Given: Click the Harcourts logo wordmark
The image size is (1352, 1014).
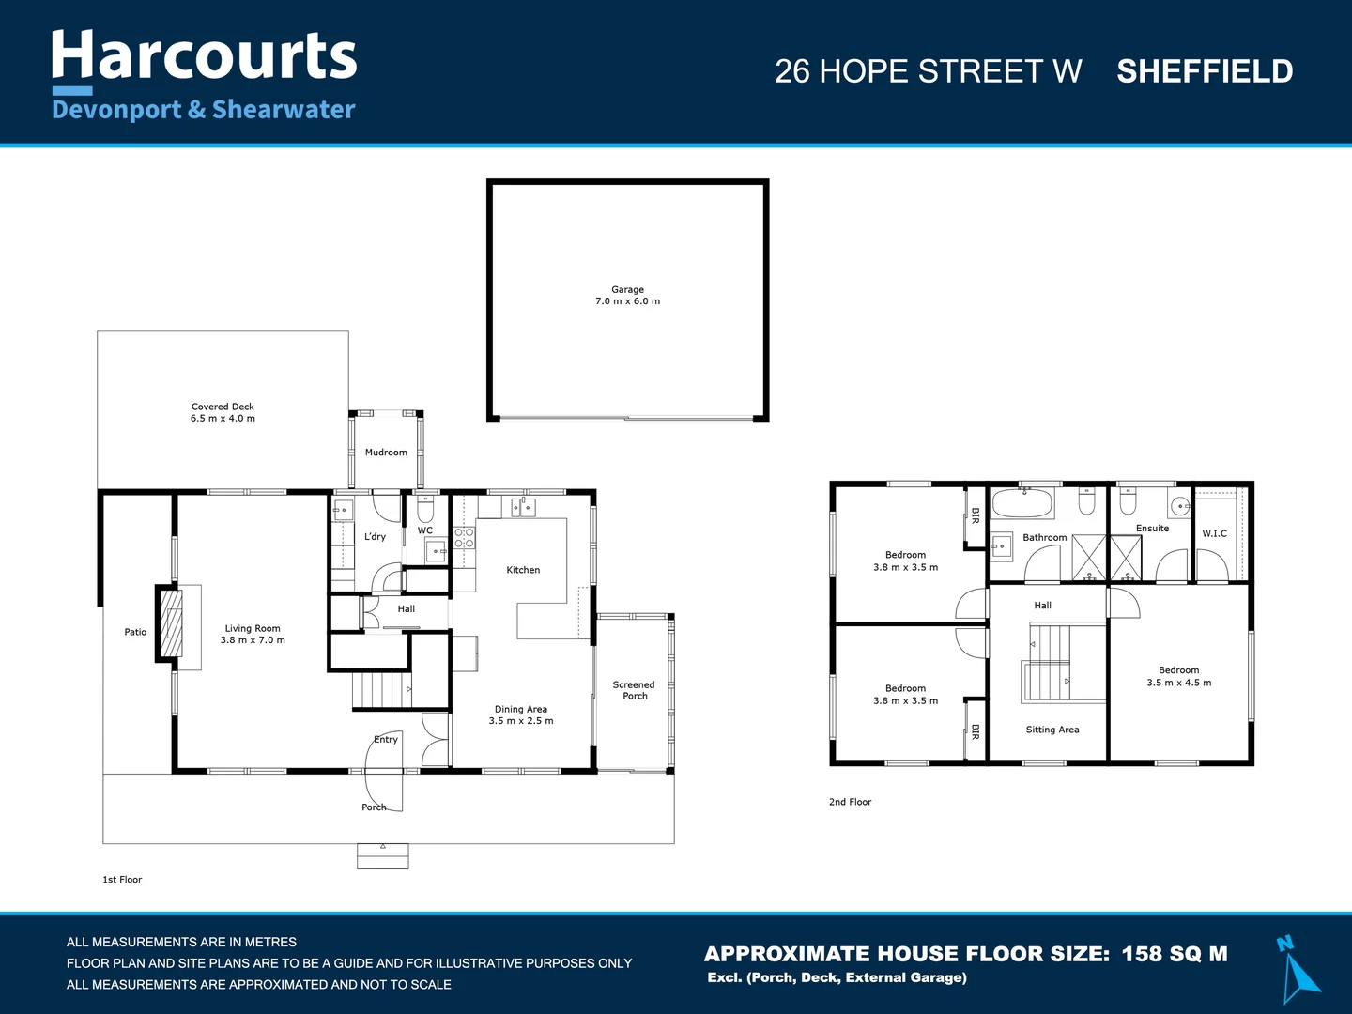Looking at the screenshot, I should (x=204, y=56).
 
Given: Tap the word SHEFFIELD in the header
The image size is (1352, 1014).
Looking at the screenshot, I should (x=1205, y=71).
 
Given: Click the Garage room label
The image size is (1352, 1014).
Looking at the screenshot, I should (x=627, y=290).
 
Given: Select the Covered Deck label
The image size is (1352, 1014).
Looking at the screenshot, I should (x=223, y=407).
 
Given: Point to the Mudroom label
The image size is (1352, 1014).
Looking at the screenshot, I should (x=386, y=453).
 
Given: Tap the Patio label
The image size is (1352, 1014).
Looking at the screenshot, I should (x=135, y=632).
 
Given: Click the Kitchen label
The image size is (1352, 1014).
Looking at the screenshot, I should (x=523, y=570).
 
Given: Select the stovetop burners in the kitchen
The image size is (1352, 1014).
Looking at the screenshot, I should (x=464, y=538).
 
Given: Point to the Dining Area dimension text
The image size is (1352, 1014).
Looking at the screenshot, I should (x=521, y=721).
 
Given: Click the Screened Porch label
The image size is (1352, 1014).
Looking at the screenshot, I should (x=634, y=690).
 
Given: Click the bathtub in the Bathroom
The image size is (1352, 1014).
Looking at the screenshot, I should (x=1022, y=504).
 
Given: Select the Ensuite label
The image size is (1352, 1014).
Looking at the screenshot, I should (x=1152, y=529).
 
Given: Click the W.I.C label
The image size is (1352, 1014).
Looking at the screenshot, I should (x=1214, y=533).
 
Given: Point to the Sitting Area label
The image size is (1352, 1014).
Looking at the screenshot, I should (x=1052, y=730).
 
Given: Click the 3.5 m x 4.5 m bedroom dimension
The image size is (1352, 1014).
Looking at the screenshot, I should (x=1178, y=683).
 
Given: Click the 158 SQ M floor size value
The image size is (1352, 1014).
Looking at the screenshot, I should (x=1175, y=954).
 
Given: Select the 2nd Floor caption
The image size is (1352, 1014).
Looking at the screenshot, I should (x=850, y=802).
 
